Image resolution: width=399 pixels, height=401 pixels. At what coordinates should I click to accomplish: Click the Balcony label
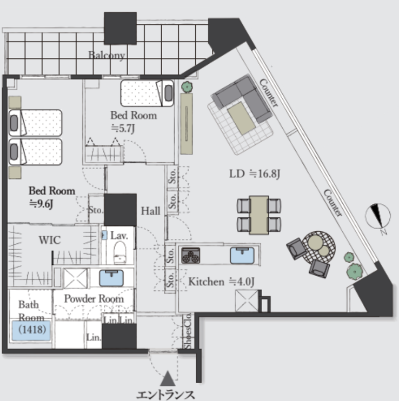[x=107, y=56]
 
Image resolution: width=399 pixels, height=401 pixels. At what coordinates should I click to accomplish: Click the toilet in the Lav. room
[x=119, y=251]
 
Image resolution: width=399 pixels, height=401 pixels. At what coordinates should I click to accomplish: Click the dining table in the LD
[x=260, y=214]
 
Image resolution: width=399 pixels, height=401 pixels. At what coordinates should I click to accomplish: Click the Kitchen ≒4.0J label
[x=220, y=282]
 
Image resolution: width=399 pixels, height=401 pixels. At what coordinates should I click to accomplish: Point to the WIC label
[x=49, y=240]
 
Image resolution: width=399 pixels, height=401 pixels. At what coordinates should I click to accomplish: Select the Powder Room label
[x=94, y=298]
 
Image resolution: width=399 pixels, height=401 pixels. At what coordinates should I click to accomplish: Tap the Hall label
[x=150, y=211]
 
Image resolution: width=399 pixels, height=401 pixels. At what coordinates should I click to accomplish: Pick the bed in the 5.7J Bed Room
[x=146, y=93]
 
